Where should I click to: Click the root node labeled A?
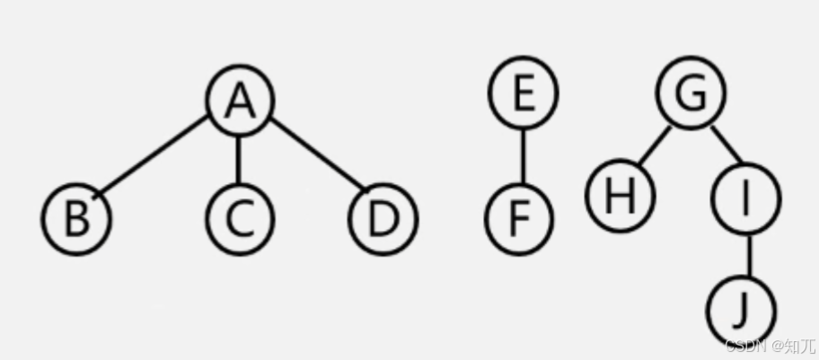[239, 99]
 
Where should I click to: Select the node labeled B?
[76, 218]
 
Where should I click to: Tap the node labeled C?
[239, 218]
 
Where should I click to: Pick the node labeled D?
[383, 218]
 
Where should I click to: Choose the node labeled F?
[520, 218]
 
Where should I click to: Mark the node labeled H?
[620, 195]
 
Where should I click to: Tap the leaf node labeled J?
[741, 311]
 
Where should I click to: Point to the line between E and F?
[522, 155]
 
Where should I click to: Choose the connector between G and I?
[727, 145]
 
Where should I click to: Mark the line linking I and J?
[747, 256]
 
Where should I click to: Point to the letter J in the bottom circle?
[741, 311]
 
